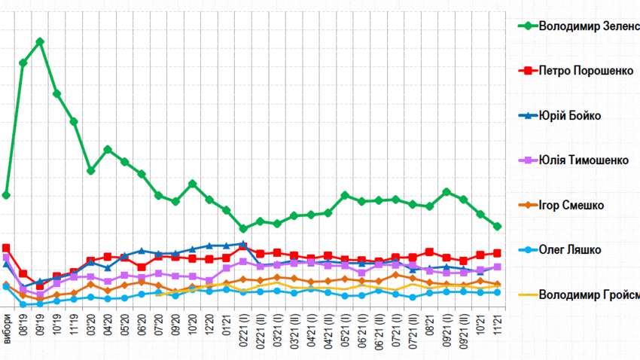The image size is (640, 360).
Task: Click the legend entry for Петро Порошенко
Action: click(x=587, y=71)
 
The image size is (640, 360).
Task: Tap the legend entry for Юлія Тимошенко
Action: click(x=584, y=160)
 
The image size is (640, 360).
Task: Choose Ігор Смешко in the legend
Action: click(x=571, y=205)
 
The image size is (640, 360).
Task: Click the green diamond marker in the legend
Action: click(x=527, y=26)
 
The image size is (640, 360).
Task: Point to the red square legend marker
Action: click(x=527, y=71)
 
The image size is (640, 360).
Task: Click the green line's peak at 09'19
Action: click(x=40, y=41)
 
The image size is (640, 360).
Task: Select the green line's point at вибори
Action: click(x=6, y=195)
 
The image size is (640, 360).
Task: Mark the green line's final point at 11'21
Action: click(x=498, y=226)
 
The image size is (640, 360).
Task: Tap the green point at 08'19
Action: click(x=23, y=63)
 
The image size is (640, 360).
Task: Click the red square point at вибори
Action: click(x=6, y=248)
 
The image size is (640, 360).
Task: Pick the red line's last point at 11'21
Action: click(x=498, y=253)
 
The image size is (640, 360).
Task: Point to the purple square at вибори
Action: click(x=6, y=258)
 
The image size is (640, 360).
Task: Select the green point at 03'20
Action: click(x=91, y=170)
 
